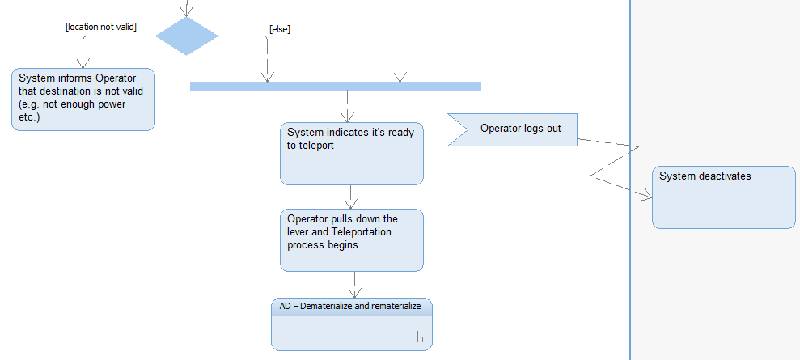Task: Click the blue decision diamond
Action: click(x=187, y=36)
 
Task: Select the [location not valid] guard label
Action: click(x=100, y=27)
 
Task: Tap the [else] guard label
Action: click(x=279, y=29)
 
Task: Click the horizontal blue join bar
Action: click(x=335, y=86)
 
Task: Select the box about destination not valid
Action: click(x=83, y=99)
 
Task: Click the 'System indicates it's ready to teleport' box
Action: click(x=351, y=154)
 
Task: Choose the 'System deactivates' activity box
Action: click(x=723, y=197)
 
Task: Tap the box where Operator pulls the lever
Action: click(x=351, y=239)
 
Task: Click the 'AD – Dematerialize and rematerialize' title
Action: click(x=351, y=307)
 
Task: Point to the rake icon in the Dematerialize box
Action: click(x=417, y=338)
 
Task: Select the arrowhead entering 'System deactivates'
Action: click(x=646, y=196)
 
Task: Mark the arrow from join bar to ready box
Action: click(x=348, y=106)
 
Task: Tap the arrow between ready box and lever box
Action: click(x=350, y=197)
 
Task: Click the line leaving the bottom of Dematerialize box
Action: click(x=353, y=355)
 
